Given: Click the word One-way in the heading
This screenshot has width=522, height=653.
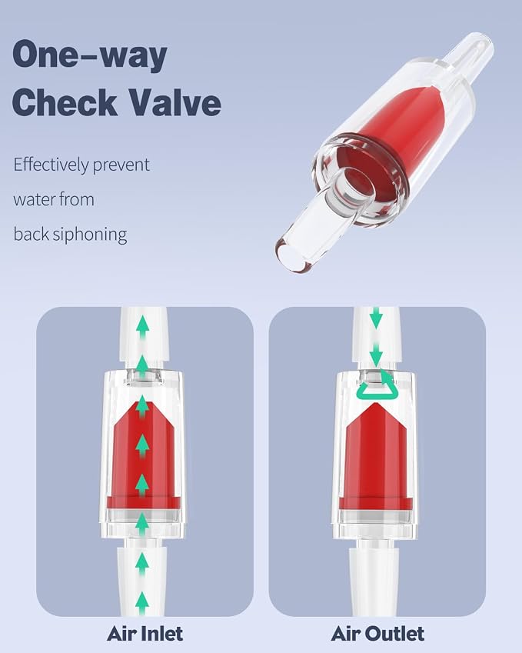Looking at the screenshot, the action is (x=90, y=55).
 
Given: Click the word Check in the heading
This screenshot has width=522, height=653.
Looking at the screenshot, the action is (x=65, y=102).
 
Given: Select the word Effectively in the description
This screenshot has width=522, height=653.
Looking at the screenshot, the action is (x=51, y=165).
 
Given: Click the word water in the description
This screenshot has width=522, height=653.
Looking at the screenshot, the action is (x=34, y=199).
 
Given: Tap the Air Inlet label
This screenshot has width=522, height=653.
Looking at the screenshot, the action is (x=145, y=634).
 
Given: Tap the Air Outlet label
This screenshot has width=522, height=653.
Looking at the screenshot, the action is (x=377, y=634).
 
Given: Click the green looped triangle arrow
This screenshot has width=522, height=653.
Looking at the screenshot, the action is (x=377, y=385).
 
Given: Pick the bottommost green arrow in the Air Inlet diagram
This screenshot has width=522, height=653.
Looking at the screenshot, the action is (x=142, y=602).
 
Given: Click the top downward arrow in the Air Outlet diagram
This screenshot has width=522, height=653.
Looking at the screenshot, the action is (x=376, y=318).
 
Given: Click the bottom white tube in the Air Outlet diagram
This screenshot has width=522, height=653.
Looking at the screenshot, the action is (x=374, y=579).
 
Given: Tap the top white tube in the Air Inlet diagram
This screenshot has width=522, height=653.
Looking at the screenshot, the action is (x=144, y=334).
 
